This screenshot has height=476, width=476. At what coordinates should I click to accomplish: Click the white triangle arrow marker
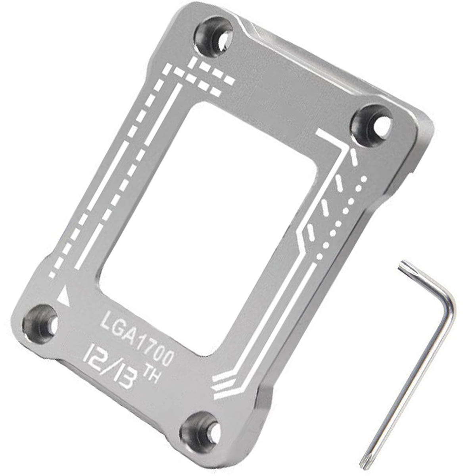64,296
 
